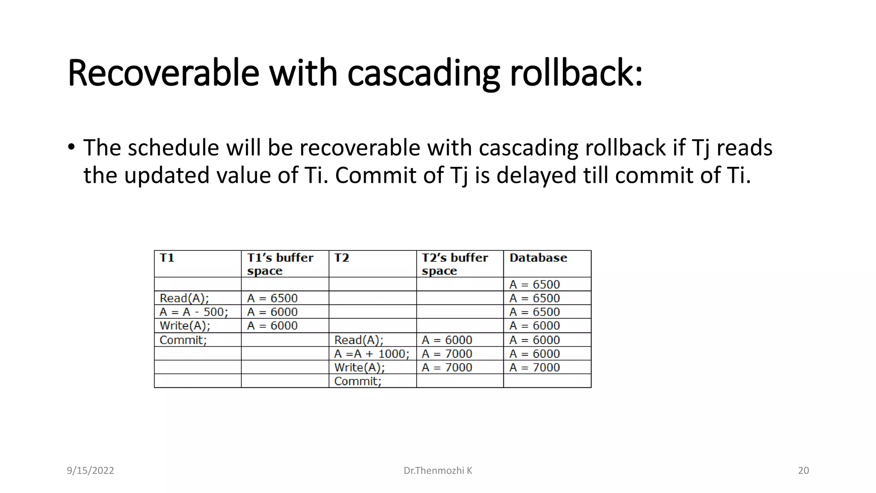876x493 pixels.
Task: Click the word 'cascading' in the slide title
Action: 423,73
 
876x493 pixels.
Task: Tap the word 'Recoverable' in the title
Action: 163,73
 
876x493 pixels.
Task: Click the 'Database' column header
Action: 538,258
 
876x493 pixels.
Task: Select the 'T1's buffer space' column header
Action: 280,264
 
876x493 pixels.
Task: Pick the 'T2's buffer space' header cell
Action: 454,264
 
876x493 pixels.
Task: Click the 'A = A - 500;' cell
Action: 194,312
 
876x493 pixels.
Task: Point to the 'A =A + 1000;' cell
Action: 372,354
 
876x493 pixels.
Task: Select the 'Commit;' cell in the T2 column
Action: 358,381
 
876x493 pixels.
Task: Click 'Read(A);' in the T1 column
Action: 184,298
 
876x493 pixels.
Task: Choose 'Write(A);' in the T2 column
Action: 359,368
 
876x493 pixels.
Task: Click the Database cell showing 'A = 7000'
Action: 534,368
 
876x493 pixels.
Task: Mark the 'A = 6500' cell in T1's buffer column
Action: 272,298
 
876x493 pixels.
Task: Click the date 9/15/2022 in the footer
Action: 90,471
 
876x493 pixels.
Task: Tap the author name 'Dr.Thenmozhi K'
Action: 438,471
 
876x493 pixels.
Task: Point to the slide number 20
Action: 803,471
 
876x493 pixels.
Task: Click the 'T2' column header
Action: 341,258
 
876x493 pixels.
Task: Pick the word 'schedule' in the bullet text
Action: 173,148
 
